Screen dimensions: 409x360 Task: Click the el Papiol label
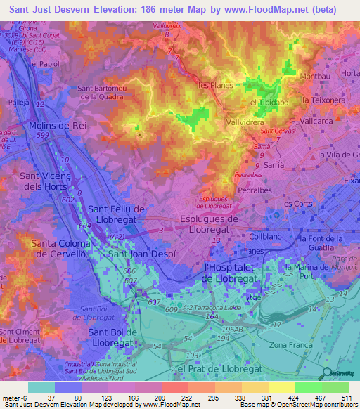(x=26, y=63)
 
